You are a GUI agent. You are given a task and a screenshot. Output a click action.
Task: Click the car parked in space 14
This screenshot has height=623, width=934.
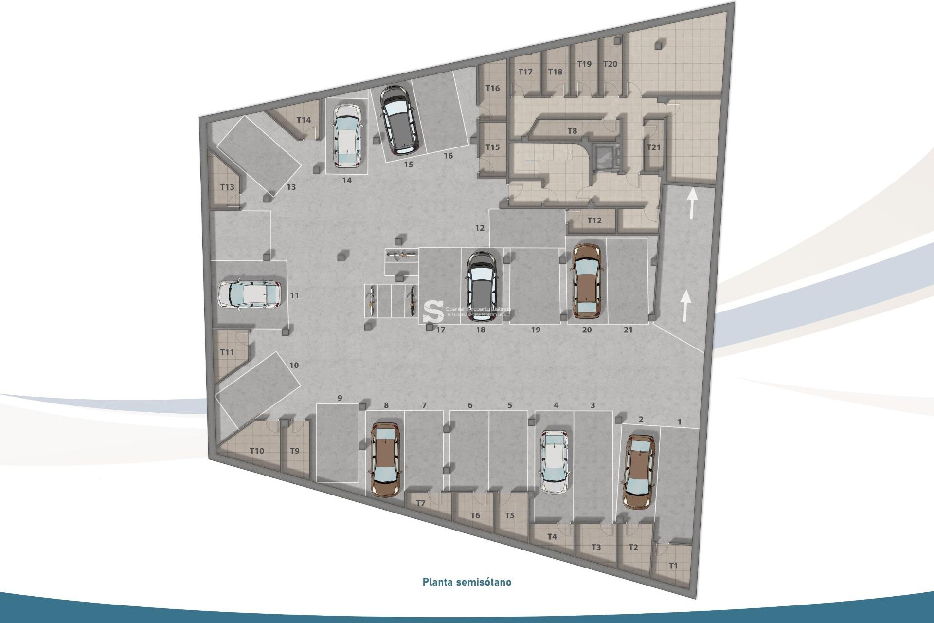point(347,135)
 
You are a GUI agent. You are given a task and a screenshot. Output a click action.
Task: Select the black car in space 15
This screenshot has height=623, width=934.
point(398,118)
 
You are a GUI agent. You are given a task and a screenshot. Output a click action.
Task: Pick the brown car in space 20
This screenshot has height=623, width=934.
point(587,280)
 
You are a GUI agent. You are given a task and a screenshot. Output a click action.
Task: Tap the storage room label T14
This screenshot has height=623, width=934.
point(304,120)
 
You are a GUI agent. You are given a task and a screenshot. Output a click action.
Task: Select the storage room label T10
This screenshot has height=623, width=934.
point(257,451)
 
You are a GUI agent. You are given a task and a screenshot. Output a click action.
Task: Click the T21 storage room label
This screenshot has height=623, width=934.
point(653,147)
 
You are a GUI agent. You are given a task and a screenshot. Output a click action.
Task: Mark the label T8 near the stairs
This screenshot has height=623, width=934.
point(572,131)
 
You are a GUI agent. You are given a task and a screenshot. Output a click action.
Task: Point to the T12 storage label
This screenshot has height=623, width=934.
point(594,220)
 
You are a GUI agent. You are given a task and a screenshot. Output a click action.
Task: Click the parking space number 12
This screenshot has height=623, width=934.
point(480,228)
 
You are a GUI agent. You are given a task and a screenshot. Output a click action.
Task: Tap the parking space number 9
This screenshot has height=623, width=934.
point(340,398)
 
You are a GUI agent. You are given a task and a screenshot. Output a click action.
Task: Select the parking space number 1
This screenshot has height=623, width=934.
point(680,422)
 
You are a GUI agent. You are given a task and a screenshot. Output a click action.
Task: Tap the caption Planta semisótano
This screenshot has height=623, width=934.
point(467,582)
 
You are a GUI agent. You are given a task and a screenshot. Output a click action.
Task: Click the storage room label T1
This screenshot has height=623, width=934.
point(673,566)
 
